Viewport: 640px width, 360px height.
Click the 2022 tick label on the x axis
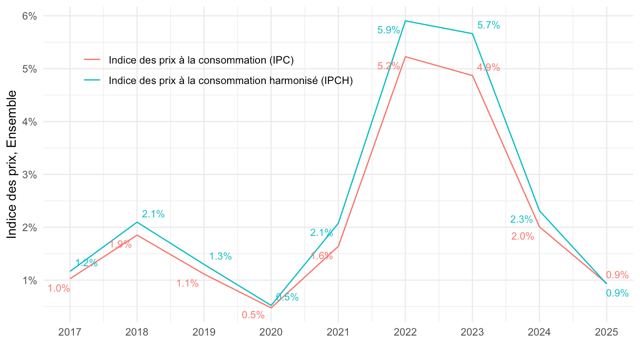pyautogui.click(x=405, y=332)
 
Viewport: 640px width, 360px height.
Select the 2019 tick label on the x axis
pyautogui.click(x=204, y=332)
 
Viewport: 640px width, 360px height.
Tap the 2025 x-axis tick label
pyautogui.click(x=606, y=332)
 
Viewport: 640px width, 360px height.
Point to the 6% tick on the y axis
pyautogui.click(x=30, y=16)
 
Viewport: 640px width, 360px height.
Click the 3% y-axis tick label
pyautogui.click(x=30, y=175)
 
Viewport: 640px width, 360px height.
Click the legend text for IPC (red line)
pyautogui.click(x=201, y=60)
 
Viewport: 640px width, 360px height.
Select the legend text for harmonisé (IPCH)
pyautogui.click(x=230, y=80)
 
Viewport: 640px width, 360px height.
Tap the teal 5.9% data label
pyautogui.click(x=388, y=30)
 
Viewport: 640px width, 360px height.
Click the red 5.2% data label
pyautogui.click(x=388, y=66)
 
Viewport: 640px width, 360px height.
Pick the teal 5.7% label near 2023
pyautogui.click(x=488, y=26)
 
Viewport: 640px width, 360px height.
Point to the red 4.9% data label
pyautogui.click(x=488, y=68)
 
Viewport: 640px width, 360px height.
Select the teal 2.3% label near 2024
pyautogui.click(x=521, y=219)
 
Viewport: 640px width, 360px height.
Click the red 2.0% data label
pyautogui.click(x=522, y=236)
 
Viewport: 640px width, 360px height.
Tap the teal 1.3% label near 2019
pyautogui.click(x=220, y=256)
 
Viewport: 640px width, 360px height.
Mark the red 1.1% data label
pyautogui.click(x=188, y=284)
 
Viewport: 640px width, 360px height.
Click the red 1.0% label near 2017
pyautogui.click(x=59, y=288)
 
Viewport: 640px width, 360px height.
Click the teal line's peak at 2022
pyautogui.click(x=405, y=21)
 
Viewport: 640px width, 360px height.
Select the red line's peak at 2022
pyautogui.click(x=405, y=57)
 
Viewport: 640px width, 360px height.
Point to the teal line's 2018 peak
pyautogui.click(x=137, y=222)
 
